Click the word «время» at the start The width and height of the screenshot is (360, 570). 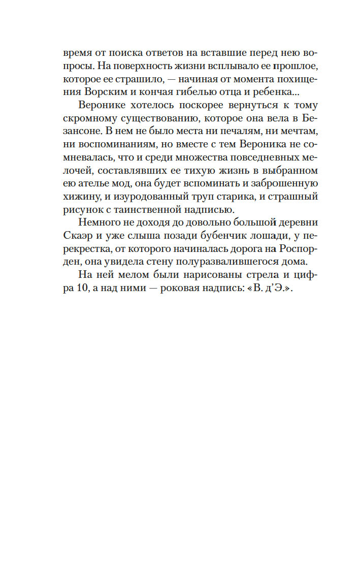78,53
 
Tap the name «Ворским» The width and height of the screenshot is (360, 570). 100,92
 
